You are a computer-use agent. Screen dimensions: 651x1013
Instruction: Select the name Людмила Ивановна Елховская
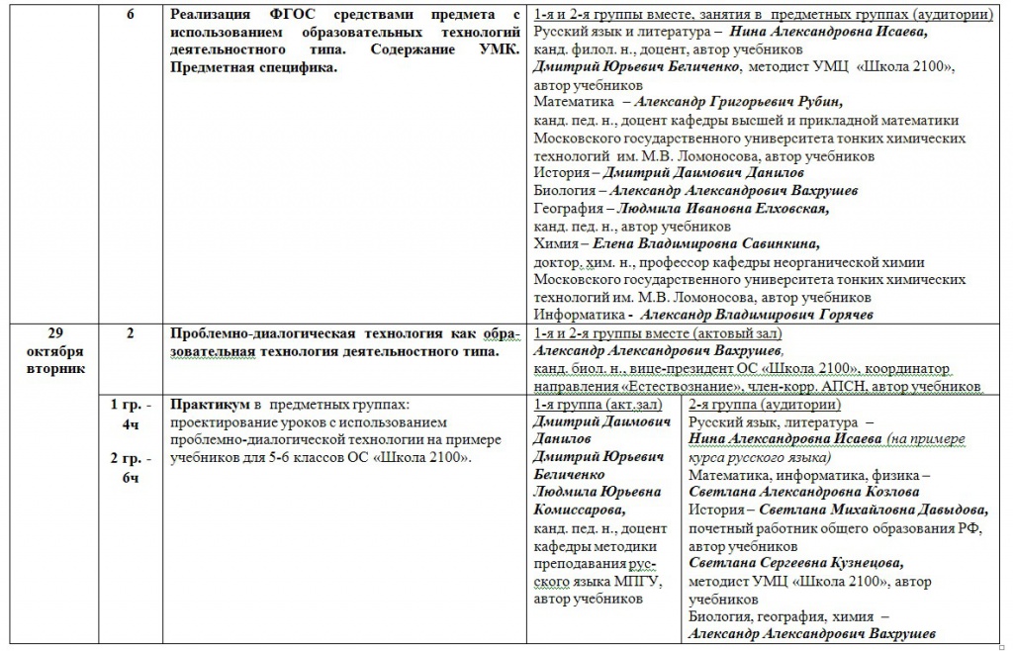point(723,209)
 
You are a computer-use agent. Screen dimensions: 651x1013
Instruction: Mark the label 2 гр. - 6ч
point(131,468)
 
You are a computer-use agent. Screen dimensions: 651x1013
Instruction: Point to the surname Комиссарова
point(580,511)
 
